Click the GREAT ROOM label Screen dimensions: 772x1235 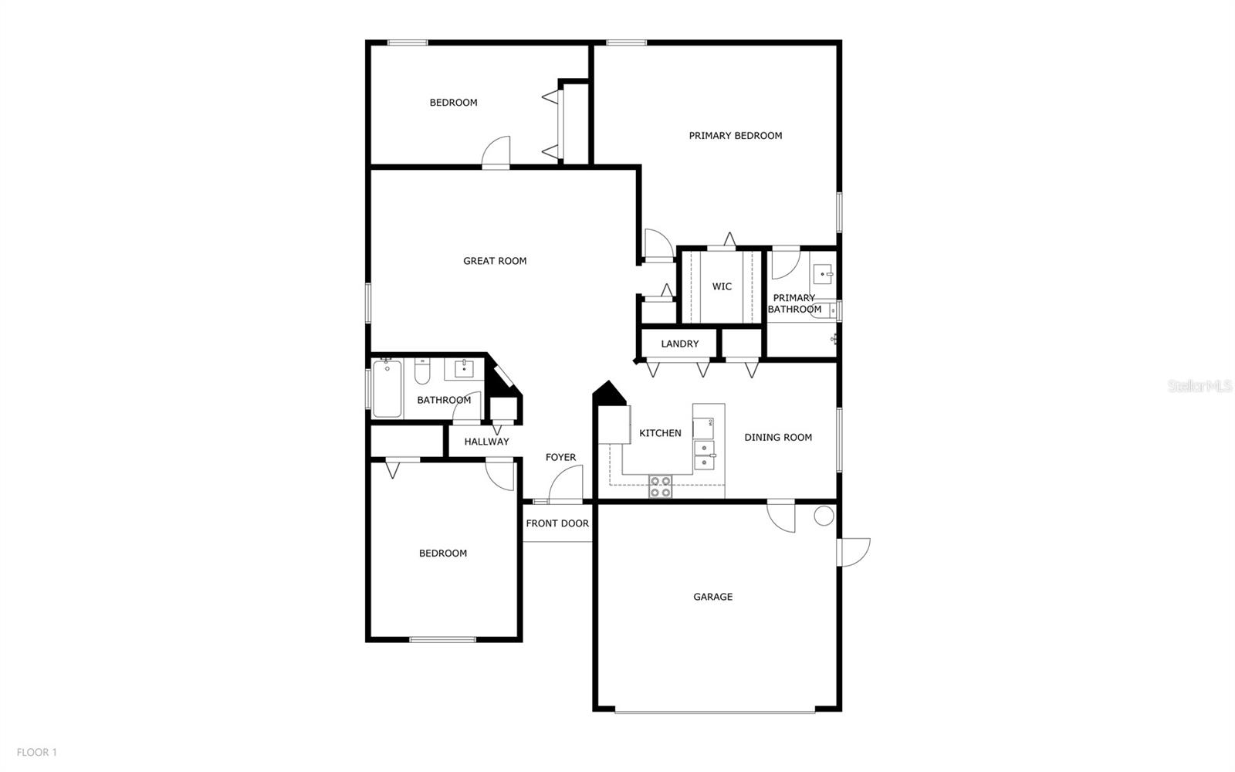click(x=495, y=261)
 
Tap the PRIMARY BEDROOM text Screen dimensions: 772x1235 click(x=735, y=136)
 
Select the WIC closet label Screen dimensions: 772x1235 click(x=722, y=286)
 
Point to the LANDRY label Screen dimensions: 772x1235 click(x=679, y=344)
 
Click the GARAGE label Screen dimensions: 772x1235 click(x=712, y=597)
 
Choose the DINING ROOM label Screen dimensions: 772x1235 click(x=777, y=438)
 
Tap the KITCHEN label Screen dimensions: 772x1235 click(x=660, y=433)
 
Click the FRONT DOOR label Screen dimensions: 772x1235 click(x=557, y=523)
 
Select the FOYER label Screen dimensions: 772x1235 click(x=560, y=457)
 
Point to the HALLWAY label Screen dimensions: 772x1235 click(x=486, y=442)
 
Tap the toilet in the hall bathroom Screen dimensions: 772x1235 click(x=421, y=373)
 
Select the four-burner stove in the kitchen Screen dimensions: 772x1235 click(x=660, y=486)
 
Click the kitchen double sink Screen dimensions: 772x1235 click(x=704, y=455)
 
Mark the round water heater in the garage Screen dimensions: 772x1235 click(x=824, y=516)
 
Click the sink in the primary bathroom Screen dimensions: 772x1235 click(x=823, y=273)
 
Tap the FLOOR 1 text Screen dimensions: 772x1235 click(x=37, y=752)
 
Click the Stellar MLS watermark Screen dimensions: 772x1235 click(x=1199, y=385)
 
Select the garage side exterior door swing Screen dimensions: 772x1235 click(x=855, y=551)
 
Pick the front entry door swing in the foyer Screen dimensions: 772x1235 click(x=564, y=486)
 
